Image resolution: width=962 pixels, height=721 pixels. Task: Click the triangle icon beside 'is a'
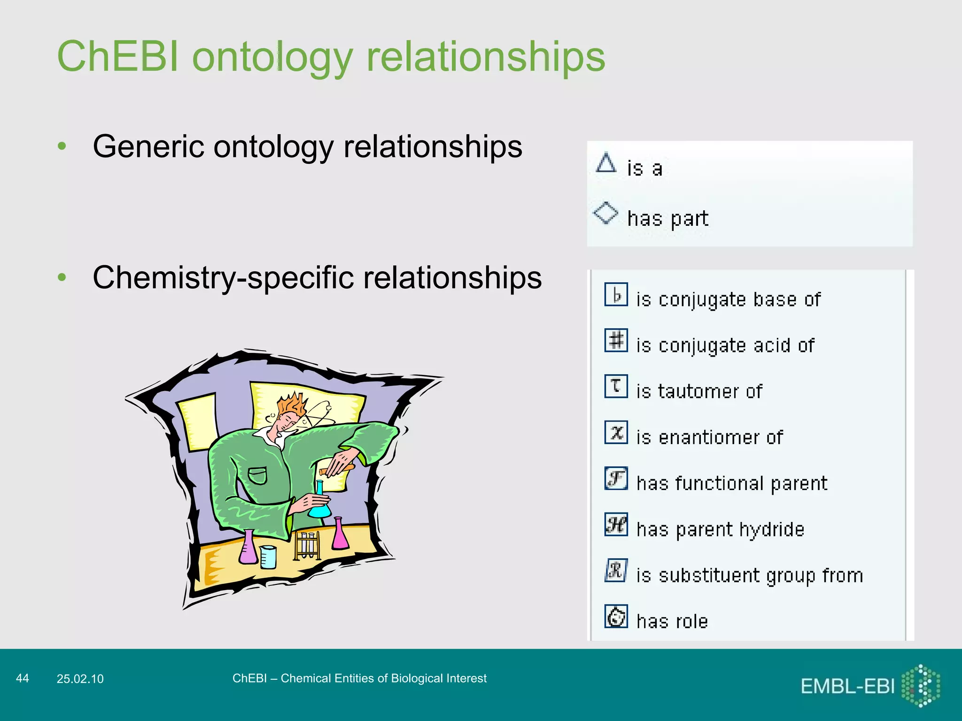[x=606, y=163]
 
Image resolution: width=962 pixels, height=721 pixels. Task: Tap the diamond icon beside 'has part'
[x=605, y=213]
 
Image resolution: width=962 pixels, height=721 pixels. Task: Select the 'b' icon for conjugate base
[x=616, y=294]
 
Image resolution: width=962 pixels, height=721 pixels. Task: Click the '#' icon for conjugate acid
[x=616, y=340]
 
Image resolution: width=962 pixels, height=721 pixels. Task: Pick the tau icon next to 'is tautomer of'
[x=616, y=386]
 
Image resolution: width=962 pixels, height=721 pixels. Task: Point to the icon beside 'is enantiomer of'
[x=616, y=432]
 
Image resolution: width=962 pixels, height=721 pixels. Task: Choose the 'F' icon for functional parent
[x=616, y=478]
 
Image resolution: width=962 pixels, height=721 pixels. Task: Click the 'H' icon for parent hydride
[x=616, y=524]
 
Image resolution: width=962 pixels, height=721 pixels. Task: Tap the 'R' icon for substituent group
[x=616, y=570]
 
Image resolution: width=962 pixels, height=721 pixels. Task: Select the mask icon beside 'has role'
[x=616, y=616]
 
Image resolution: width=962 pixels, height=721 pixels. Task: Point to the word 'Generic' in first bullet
[x=148, y=146]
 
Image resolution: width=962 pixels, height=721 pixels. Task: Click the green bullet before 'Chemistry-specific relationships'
[x=62, y=277]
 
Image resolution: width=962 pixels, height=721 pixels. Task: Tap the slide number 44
[x=22, y=678]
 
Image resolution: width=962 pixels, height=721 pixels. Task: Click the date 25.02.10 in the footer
[x=80, y=679]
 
